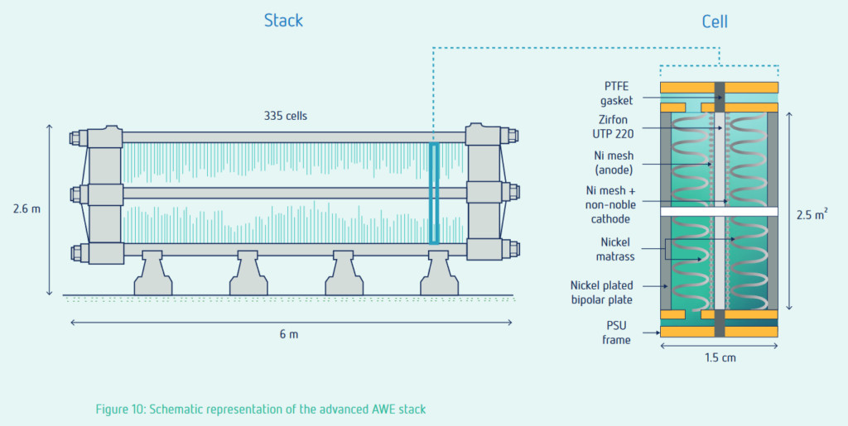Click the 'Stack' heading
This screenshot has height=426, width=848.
pos(284,20)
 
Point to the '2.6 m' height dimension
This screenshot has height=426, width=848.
pos(26,209)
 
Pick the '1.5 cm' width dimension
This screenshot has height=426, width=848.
pos(718,358)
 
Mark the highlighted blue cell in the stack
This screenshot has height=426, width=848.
pos(433,193)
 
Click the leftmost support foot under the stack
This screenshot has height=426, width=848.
pos(153,273)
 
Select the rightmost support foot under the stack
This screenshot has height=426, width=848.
pos(439,273)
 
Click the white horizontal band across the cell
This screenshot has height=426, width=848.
pos(718,212)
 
